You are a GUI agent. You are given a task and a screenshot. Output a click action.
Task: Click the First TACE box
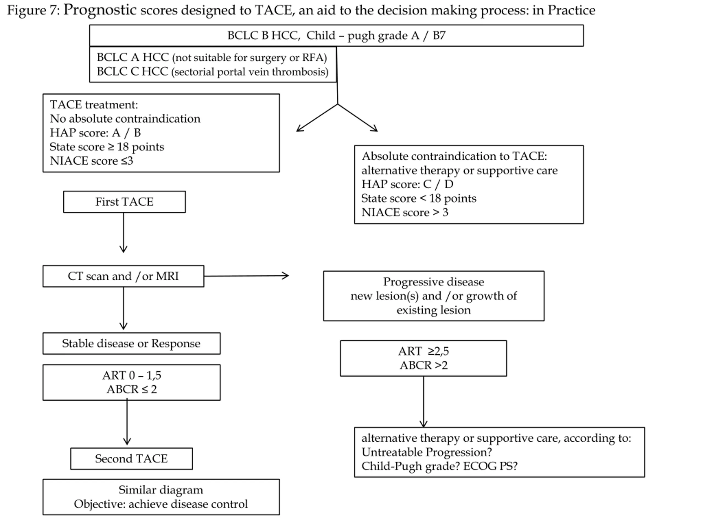(124, 202)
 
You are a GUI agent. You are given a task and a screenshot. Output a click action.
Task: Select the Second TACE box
(131, 458)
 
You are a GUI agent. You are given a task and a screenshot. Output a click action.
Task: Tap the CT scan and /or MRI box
(123, 276)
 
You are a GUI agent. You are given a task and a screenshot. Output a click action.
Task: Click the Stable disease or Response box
(131, 343)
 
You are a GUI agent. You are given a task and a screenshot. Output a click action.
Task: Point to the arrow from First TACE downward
(123, 232)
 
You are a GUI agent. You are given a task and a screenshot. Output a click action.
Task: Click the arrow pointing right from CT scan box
(246, 276)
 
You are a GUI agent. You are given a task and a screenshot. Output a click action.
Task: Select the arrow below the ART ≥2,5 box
(423, 402)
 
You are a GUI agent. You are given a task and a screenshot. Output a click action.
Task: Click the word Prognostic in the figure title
(100, 10)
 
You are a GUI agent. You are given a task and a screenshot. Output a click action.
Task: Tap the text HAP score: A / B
(95, 133)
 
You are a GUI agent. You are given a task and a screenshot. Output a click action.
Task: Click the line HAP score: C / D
(408, 184)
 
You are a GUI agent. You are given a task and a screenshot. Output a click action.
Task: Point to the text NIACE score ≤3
(91, 161)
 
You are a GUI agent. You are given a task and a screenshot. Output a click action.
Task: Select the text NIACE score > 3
(405, 212)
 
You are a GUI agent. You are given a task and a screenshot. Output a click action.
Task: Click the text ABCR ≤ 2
(132, 389)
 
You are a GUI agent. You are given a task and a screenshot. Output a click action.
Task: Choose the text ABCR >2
(424, 365)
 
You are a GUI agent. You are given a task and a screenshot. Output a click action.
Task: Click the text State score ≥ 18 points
(107, 147)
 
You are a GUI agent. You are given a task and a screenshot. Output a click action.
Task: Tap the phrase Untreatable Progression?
(427, 452)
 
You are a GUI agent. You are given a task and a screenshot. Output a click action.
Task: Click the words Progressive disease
(434, 282)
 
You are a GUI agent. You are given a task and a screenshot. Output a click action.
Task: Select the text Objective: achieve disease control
(161, 504)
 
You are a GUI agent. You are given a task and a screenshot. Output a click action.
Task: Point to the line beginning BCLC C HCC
(213, 71)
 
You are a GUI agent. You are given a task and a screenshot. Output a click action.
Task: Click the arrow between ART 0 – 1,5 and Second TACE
(127, 422)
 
